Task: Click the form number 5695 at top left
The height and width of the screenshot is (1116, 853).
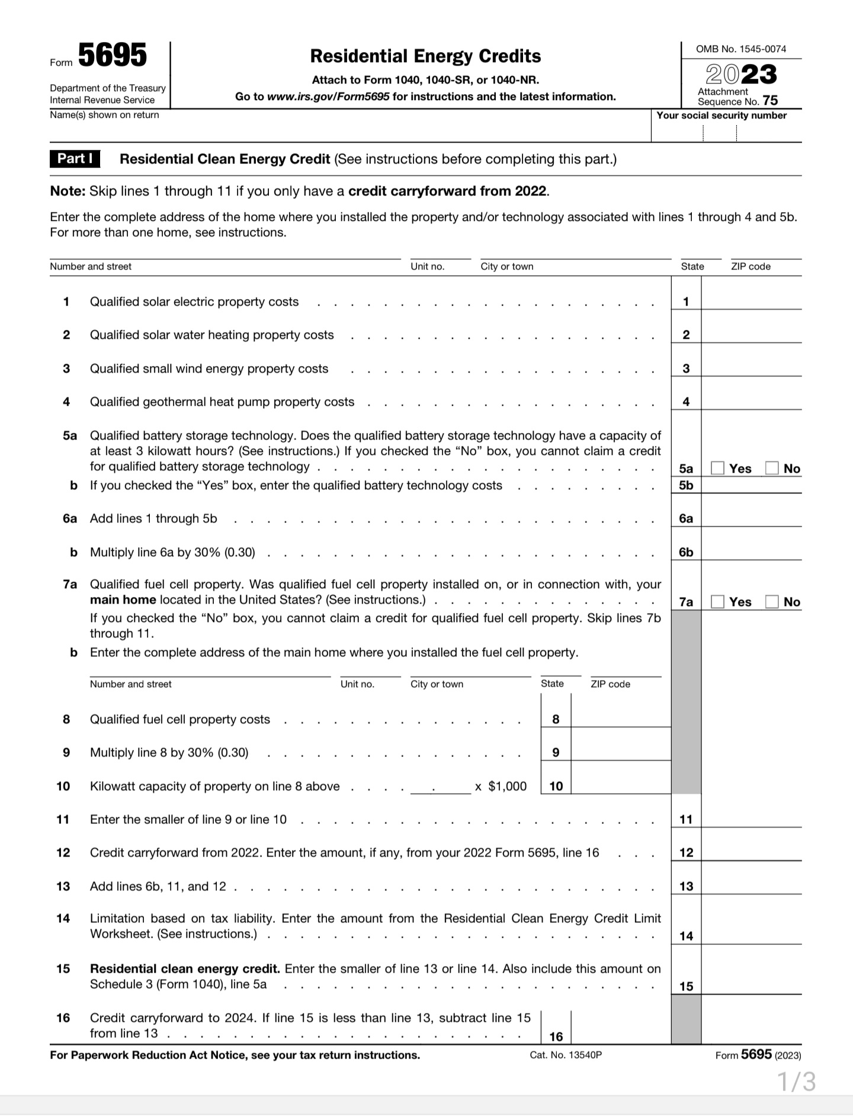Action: click(112, 56)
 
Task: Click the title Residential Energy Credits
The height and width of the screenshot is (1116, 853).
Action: click(425, 56)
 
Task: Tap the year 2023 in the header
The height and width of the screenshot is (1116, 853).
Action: click(740, 74)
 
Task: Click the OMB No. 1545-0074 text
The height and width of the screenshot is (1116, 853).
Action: click(740, 49)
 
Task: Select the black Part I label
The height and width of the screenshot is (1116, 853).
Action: click(75, 159)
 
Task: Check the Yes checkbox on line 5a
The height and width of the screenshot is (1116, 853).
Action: click(717, 468)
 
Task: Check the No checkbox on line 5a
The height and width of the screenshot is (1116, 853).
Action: click(771, 468)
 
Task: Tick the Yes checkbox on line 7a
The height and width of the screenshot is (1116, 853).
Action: click(717, 601)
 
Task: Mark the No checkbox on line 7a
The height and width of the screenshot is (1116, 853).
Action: click(771, 601)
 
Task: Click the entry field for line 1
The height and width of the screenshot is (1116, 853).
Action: click(751, 301)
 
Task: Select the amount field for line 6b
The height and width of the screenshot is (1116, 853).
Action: click(751, 551)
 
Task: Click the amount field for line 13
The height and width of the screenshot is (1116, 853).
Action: click(751, 886)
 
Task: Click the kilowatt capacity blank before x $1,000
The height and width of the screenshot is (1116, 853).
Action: click(440, 787)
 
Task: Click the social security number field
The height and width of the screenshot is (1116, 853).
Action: click(726, 132)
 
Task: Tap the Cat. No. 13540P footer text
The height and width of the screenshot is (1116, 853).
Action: click(566, 1055)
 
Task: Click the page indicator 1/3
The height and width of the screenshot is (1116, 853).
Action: click(796, 1082)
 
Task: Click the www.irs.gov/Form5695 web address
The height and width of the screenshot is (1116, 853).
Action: click(328, 97)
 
